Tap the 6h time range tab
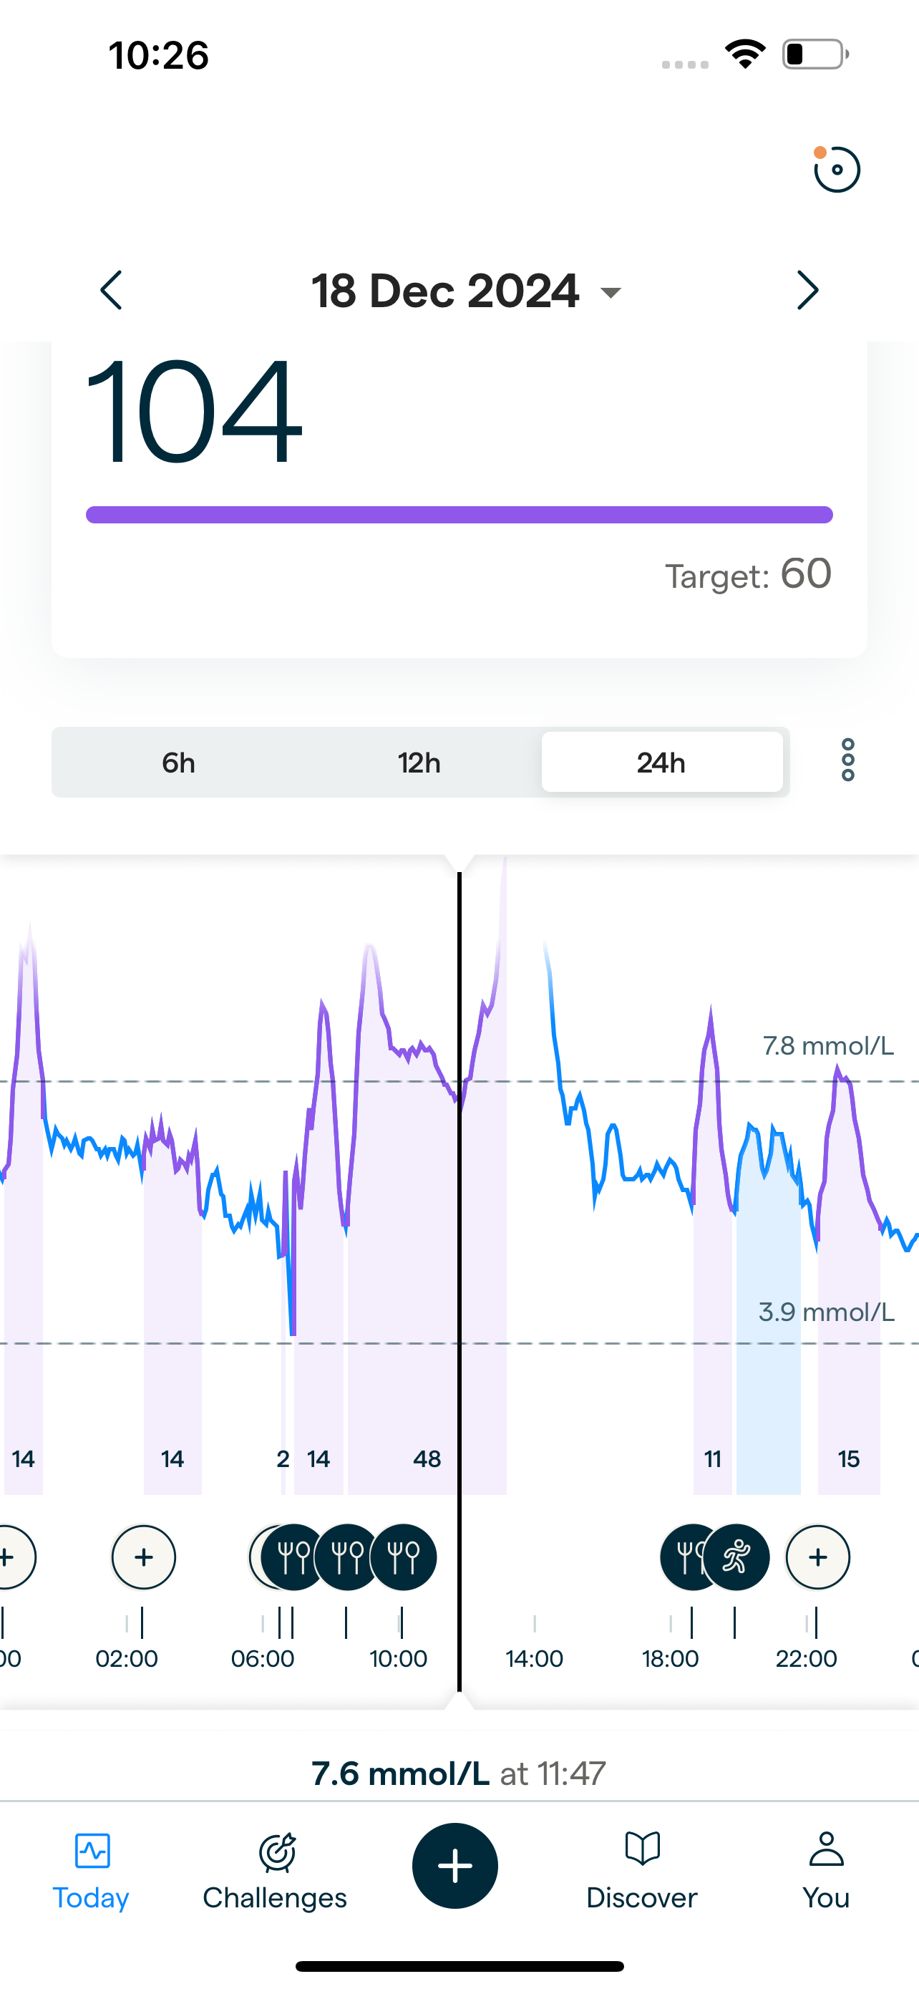click(178, 763)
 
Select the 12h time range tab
click(419, 763)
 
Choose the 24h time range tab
click(661, 763)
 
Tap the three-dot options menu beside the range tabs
click(848, 760)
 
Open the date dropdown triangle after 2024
click(611, 293)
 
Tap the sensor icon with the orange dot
click(837, 169)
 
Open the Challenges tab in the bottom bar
click(276, 1869)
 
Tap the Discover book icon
click(642, 1850)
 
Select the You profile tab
click(826, 1869)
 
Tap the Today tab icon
click(92, 1852)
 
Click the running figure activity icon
click(736, 1557)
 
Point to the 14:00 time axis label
click(534, 1658)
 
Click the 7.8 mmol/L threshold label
click(828, 1046)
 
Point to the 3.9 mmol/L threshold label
click(827, 1312)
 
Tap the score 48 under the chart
click(427, 1459)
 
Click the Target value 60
click(806, 574)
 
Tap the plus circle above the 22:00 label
click(818, 1557)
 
